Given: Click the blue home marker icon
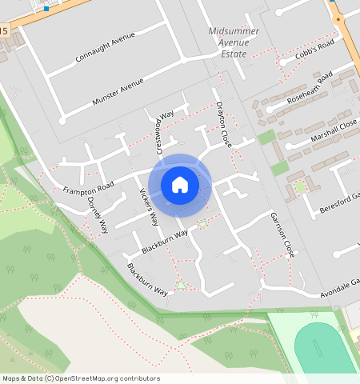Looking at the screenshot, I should click(x=180, y=185).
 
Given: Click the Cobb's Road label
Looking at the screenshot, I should click(x=314, y=49).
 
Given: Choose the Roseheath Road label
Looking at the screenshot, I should click(x=313, y=89).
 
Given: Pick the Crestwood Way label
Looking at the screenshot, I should click(x=163, y=133).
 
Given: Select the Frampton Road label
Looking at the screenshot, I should click(x=89, y=186).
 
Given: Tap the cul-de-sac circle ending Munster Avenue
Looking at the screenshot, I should click(x=62, y=121).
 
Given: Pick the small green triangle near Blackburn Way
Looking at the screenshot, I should click(x=182, y=284).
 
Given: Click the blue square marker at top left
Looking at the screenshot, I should click(x=46, y=8).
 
